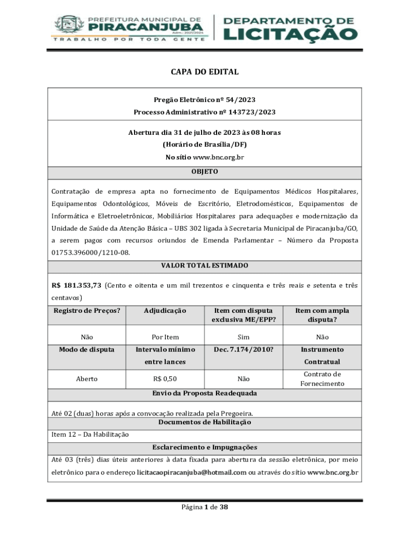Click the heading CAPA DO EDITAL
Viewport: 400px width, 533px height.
tap(205, 72)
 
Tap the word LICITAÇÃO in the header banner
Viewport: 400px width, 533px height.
tap(290, 33)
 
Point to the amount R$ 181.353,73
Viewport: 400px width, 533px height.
tap(76, 285)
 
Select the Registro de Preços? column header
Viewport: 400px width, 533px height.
tap(87, 311)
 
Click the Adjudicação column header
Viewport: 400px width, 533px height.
tap(165, 311)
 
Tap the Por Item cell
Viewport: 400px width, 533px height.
tap(165, 337)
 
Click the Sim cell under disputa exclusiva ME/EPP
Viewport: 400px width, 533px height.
tap(243, 337)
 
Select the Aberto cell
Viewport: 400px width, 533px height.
tap(87, 379)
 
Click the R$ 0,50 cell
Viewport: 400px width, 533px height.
tap(165, 379)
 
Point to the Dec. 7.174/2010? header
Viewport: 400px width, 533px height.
tap(243, 350)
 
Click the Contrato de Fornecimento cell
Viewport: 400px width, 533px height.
tap(322, 379)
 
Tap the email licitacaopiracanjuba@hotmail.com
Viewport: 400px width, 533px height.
tap(192, 473)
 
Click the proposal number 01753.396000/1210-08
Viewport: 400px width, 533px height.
tap(90, 252)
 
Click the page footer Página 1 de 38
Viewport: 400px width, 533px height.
tap(205, 507)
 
